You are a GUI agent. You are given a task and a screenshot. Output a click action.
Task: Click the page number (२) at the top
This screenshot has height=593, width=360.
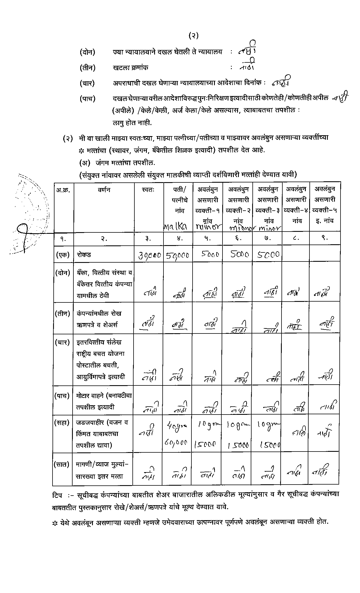click(x=193, y=36)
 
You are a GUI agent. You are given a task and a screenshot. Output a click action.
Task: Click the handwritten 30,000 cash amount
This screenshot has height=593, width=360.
click(x=149, y=256)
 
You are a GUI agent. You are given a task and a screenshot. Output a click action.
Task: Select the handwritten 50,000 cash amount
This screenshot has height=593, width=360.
click(x=177, y=256)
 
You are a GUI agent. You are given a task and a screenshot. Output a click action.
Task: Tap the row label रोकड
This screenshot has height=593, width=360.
click(x=84, y=254)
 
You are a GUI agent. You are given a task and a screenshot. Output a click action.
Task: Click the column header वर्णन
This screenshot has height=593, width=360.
click(x=104, y=190)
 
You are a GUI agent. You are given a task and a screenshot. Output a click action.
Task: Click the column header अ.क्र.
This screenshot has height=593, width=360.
click(x=63, y=190)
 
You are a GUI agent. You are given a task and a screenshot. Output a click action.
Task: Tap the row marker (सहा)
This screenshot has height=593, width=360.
click(x=62, y=423)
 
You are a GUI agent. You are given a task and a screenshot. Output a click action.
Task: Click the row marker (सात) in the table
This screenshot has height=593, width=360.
click(x=62, y=464)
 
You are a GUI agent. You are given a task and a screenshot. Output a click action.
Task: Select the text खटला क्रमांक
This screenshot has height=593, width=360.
click(x=130, y=68)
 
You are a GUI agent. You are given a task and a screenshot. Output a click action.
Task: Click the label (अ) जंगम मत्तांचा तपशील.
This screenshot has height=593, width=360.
click(x=117, y=163)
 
